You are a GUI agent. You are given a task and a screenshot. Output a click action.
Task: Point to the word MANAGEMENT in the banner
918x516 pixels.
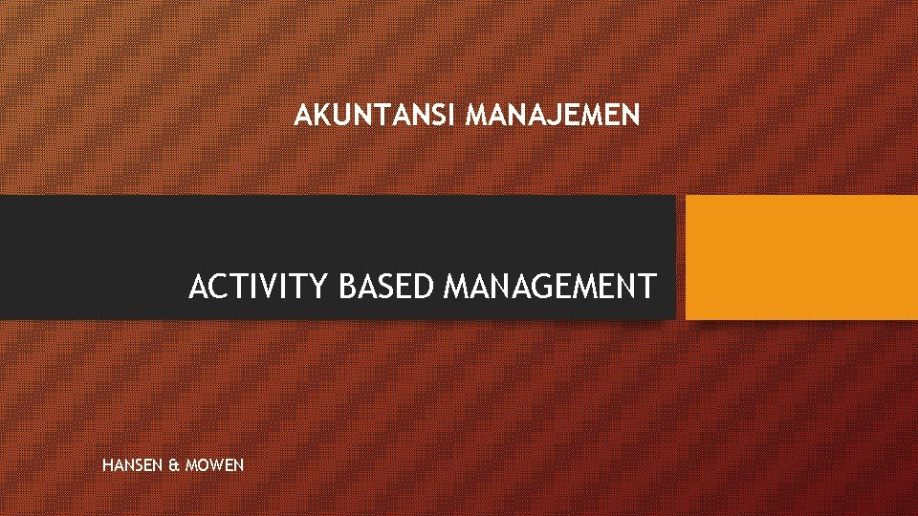pyautogui.click(x=551, y=286)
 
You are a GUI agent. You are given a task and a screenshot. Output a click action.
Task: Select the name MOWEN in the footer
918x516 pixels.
pyautogui.click(x=215, y=465)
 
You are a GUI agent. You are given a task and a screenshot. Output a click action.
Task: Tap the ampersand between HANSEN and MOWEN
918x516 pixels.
pyautogui.click(x=173, y=465)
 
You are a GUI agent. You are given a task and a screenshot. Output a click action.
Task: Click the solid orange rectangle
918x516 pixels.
pyautogui.click(x=801, y=257)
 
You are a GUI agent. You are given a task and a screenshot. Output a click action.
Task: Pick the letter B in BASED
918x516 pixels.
pyautogui.click(x=348, y=286)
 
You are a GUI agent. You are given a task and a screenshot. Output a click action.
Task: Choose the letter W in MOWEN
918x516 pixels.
pyautogui.click(x=216, y=465)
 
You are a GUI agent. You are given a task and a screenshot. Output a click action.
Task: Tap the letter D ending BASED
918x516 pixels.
pyautogui.click(x=427, y=286)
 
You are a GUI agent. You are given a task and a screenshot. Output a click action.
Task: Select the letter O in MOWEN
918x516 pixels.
pyautogui.click(x=202, y=465)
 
